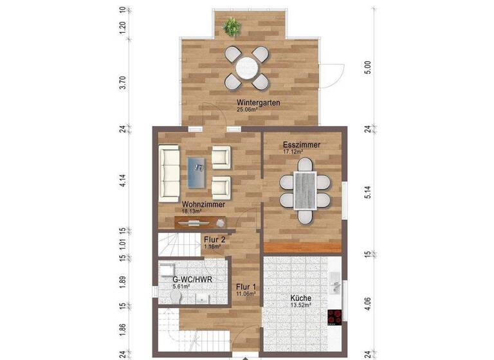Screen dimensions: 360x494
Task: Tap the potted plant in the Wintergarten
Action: point(232,27)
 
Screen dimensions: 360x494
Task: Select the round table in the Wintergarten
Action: point(246,67)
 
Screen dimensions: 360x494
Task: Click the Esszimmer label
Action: point(302,145)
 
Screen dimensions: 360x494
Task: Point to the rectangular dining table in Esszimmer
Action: point(305,191)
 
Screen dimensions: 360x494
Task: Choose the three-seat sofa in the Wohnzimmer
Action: point(170,171)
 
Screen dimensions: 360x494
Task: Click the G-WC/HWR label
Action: point(192,280)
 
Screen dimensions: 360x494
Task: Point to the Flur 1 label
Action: point(246,287)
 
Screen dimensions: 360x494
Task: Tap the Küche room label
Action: point(300,298)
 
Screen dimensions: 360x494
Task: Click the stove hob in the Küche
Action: point(334,316)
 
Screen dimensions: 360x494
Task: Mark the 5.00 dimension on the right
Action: point(368,66)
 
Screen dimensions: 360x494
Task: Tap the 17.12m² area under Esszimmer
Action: point(293,152)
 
